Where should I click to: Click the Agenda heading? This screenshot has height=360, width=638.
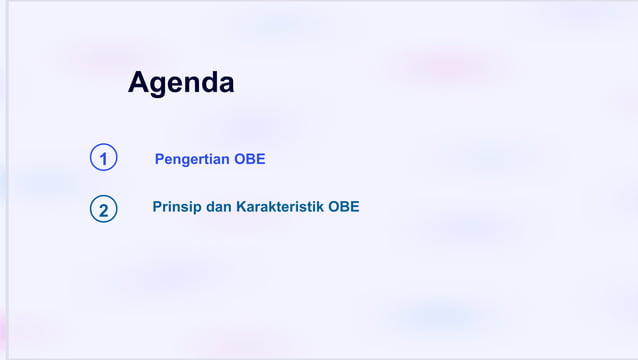click(181, 83)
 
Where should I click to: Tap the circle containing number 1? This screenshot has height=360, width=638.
click(103, 158)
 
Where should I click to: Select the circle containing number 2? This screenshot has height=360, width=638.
click(103, 210)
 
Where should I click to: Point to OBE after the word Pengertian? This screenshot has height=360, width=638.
click(250, 159)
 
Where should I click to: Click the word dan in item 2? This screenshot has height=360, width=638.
click(218, 207)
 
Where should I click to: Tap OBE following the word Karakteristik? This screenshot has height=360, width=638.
click(344, 207)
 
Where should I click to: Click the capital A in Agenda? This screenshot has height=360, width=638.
click(138, 82)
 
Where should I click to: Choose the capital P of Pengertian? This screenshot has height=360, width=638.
click(160, 159)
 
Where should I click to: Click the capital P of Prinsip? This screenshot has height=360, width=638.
click(157, 207)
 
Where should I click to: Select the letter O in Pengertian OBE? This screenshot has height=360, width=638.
click(240, 159)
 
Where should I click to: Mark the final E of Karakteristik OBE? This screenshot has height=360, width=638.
click(355, 207)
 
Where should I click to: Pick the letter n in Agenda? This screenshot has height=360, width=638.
click(191, 85)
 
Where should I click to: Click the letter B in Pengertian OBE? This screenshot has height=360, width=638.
click(250, 159)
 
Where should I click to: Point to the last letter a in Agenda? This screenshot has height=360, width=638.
click(226, 85)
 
